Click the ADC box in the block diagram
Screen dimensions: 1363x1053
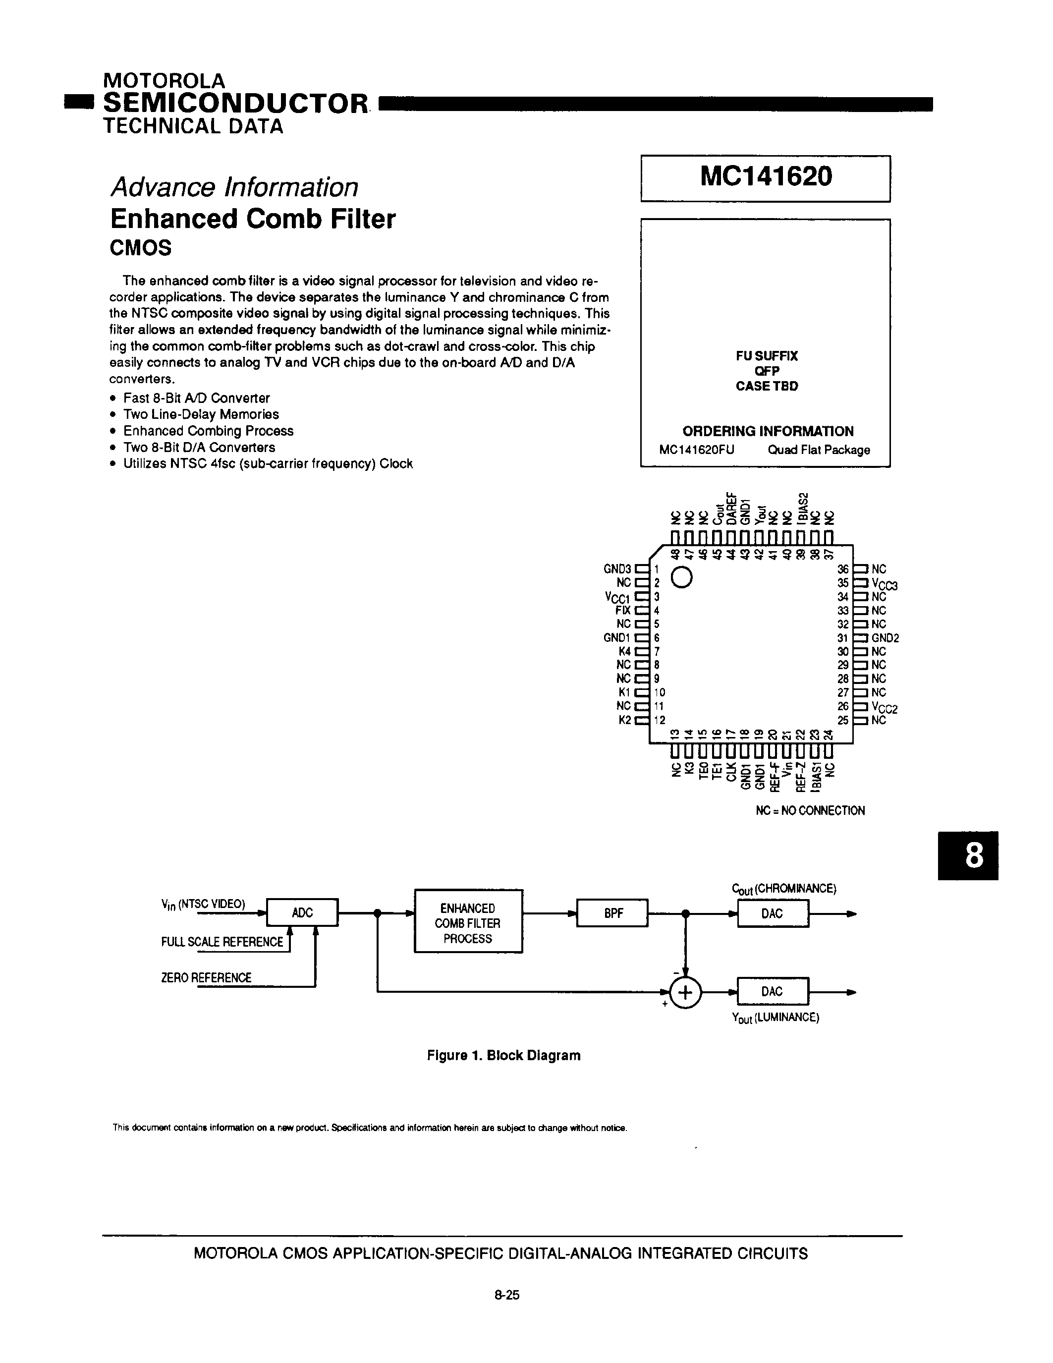point(302,912)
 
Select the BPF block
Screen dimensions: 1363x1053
point(612,913)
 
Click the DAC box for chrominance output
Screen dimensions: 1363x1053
point(773,913)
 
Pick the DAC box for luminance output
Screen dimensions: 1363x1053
point(773,991)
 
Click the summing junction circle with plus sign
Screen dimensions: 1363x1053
point(685,992)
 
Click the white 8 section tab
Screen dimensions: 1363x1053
point(968,855)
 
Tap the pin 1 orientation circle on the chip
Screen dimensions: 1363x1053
point(682,578)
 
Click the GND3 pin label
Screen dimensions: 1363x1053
point(617,569)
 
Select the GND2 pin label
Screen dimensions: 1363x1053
point(885,638)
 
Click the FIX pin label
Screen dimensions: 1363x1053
point(623,610)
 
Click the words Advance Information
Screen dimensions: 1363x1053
point(234,187)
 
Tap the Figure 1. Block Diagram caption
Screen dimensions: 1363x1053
point(503,1055)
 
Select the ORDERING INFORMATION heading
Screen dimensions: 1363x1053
point(767,431)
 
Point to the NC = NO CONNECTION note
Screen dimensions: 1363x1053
point(810,811)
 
